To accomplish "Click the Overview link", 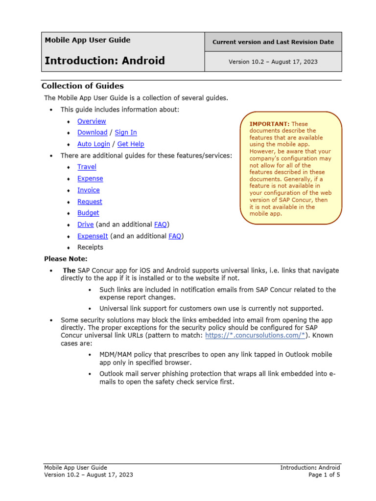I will point(92,121).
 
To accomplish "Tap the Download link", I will point(92,133).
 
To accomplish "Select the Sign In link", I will point(126,133).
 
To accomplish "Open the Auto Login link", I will point(94,144).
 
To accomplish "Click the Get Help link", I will point(131,144).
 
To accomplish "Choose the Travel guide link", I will point(87,167).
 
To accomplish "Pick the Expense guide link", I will point(90,179).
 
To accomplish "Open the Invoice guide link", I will point(88,190).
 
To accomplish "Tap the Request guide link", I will point(90,202).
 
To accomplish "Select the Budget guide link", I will point(88,213).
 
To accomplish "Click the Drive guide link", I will point(85,225).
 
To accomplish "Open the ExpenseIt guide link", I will point(93,236).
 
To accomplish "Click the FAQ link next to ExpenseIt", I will point(175,236).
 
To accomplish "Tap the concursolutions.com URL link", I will point(255,335).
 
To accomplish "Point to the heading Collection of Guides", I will point(82,86).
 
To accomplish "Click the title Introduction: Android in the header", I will point(105,61).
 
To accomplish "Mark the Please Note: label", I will point(66,259).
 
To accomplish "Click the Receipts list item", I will point(90,248).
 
